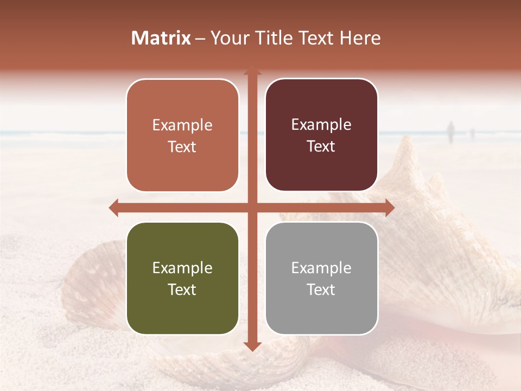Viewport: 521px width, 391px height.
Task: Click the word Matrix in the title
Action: tap(161, 38)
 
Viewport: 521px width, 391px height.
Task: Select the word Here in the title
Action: tap(360, 38)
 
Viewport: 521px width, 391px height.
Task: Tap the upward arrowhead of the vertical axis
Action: tap(252, 71)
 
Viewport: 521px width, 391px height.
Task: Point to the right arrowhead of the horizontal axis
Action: tap(389, 207)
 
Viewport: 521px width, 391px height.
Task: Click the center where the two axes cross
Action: tap(252, 207)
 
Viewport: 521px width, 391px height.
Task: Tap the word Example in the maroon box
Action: tap(321, 125)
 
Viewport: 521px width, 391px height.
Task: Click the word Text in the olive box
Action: tap(182, 289)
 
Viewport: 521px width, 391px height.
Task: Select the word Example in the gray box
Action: tap(321, 268)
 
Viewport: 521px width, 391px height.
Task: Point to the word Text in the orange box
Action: tap(182, 147)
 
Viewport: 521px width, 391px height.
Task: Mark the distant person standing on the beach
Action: tap(450, 132)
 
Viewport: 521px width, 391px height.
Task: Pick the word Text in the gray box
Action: tap(321, 289)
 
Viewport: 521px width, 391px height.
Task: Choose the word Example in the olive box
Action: tap(182, 268)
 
